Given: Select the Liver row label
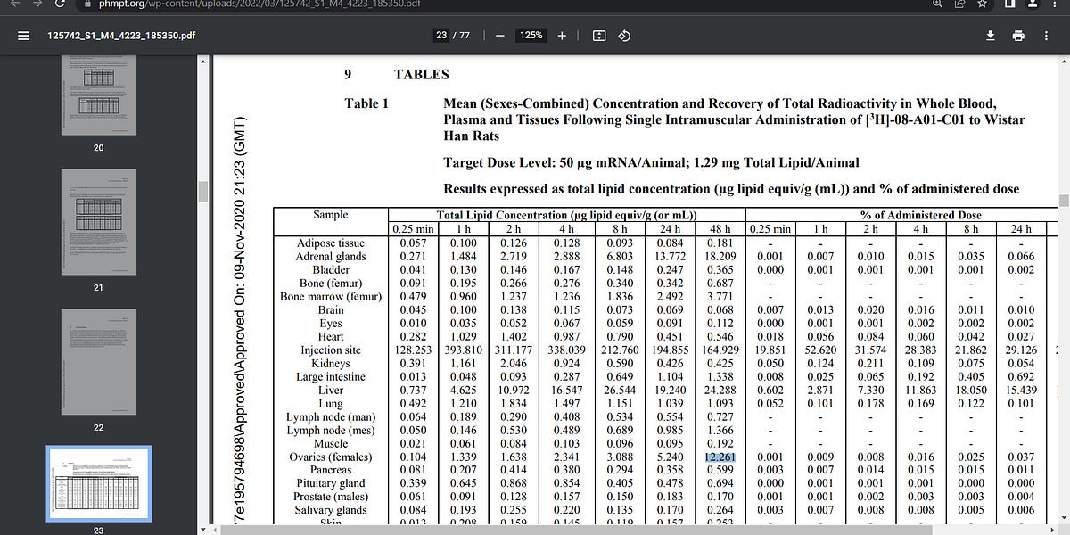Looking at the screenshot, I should [331, 390].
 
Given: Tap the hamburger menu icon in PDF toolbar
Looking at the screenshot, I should [24, 36].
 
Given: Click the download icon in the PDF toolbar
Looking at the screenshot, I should [990, 36].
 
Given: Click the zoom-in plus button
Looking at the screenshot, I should [562, 36].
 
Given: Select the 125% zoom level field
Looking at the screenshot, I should [531, 36].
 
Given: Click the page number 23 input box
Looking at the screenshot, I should [441, 36].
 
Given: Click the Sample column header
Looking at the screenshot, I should [331, 215].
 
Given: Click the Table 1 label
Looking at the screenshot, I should [366, 103].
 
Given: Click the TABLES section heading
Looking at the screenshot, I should [421, 75].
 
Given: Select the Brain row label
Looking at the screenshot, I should [331, 309].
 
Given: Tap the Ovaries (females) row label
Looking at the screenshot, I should [331, 457].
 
